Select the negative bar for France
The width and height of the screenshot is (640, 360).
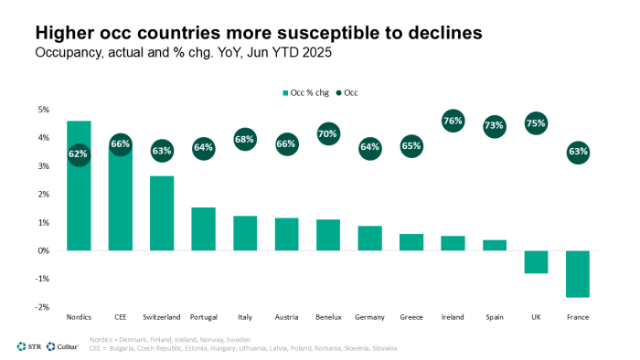tap(578, 273)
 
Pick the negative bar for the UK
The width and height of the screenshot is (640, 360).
tap(536, 261)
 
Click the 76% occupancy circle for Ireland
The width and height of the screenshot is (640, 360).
tap(453, 121)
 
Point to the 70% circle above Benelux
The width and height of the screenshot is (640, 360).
tap(328, 134)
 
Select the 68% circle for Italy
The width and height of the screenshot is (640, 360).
tap(245, 140)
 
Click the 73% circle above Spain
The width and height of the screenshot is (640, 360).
tap(495, 125)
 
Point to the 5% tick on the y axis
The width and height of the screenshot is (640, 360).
tap(43, 110)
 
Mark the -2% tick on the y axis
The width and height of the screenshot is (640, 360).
tap(42, 307)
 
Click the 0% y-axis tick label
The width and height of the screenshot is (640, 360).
tap(43, 250)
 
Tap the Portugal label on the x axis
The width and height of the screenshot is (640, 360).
tap(203, 317)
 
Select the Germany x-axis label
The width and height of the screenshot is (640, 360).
tap(369, 317)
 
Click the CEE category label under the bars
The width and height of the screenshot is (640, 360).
tap(120, 317)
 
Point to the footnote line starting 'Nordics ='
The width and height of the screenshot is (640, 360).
tap(168, 339)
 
